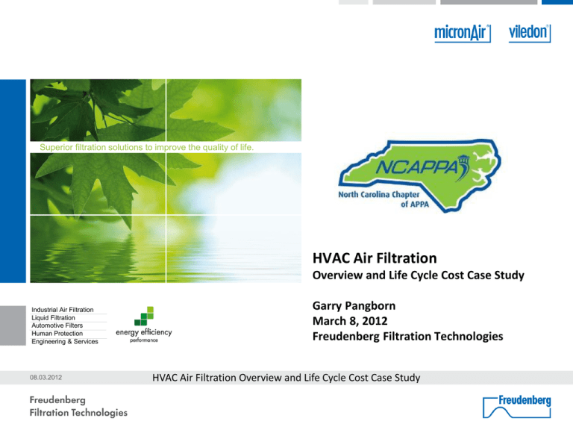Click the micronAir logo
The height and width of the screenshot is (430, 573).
click(463, 34)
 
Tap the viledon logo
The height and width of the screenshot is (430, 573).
click(530, 34)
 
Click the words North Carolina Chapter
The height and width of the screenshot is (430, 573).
click(378, 194)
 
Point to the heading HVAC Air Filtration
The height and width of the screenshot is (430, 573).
click(375, 258)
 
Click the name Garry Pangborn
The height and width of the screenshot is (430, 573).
click(354, 305)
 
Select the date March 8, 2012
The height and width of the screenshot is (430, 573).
click(350, 321)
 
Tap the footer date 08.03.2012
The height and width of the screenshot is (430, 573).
click(46, 377)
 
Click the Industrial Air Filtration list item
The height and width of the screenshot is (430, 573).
click(63, 310)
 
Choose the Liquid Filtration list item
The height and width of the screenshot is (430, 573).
click(54, 318)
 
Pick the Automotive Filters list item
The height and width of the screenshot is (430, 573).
click(57, 325)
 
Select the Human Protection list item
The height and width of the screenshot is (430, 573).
click(57, 334)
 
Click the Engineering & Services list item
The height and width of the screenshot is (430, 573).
click(65, 341)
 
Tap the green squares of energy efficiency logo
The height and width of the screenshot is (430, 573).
click(144, 316)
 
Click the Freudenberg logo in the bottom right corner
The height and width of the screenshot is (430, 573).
click(517, 406)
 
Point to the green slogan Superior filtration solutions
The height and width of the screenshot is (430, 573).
click(146, 147)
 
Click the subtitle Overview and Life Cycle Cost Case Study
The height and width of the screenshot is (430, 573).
click(419, 275)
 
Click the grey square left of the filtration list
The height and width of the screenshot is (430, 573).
click(13, 325)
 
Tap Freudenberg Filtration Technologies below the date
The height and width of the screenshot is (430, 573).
click(408, 336)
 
